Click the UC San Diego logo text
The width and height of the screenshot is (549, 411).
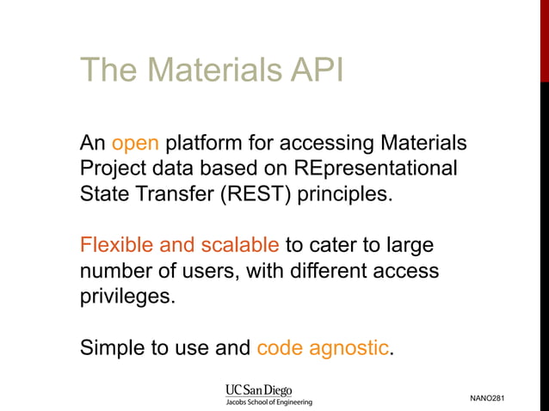pos(258,390)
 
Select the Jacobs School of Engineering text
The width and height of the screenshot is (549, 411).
pos(268,402)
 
